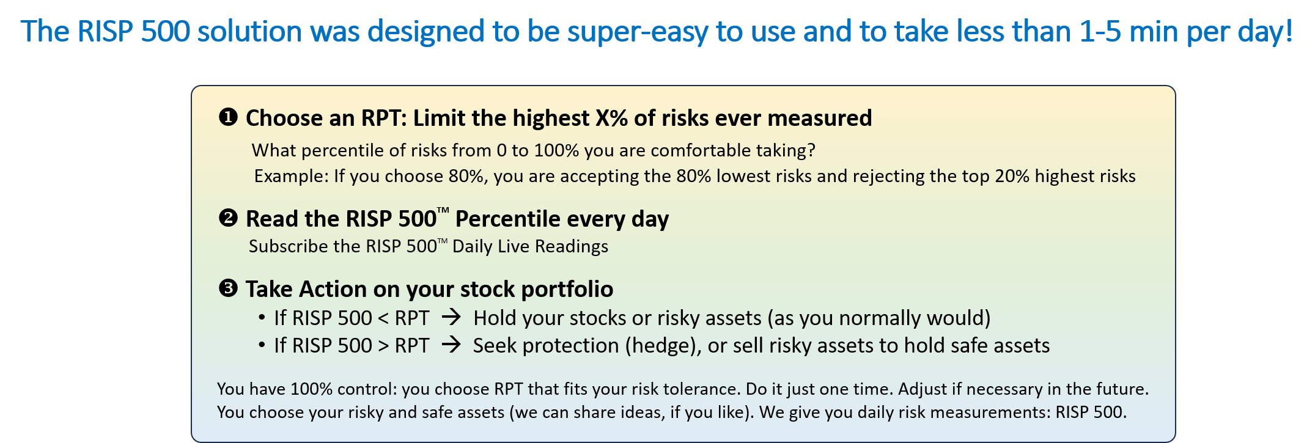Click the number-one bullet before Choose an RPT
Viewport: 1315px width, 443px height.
pos(228,117)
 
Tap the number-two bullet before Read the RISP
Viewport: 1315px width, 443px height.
pos(228,218)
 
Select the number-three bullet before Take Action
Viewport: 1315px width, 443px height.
pos(228,288)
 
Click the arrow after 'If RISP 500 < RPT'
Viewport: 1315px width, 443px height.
pos(451,318)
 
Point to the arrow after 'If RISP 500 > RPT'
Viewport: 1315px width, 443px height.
pos(451,345)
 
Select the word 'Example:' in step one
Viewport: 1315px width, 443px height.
pos(292,177)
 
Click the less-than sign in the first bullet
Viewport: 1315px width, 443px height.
pos(383,318)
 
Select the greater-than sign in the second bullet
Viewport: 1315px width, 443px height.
pos(383,346)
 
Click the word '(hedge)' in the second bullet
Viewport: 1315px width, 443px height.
pos(663,346)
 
